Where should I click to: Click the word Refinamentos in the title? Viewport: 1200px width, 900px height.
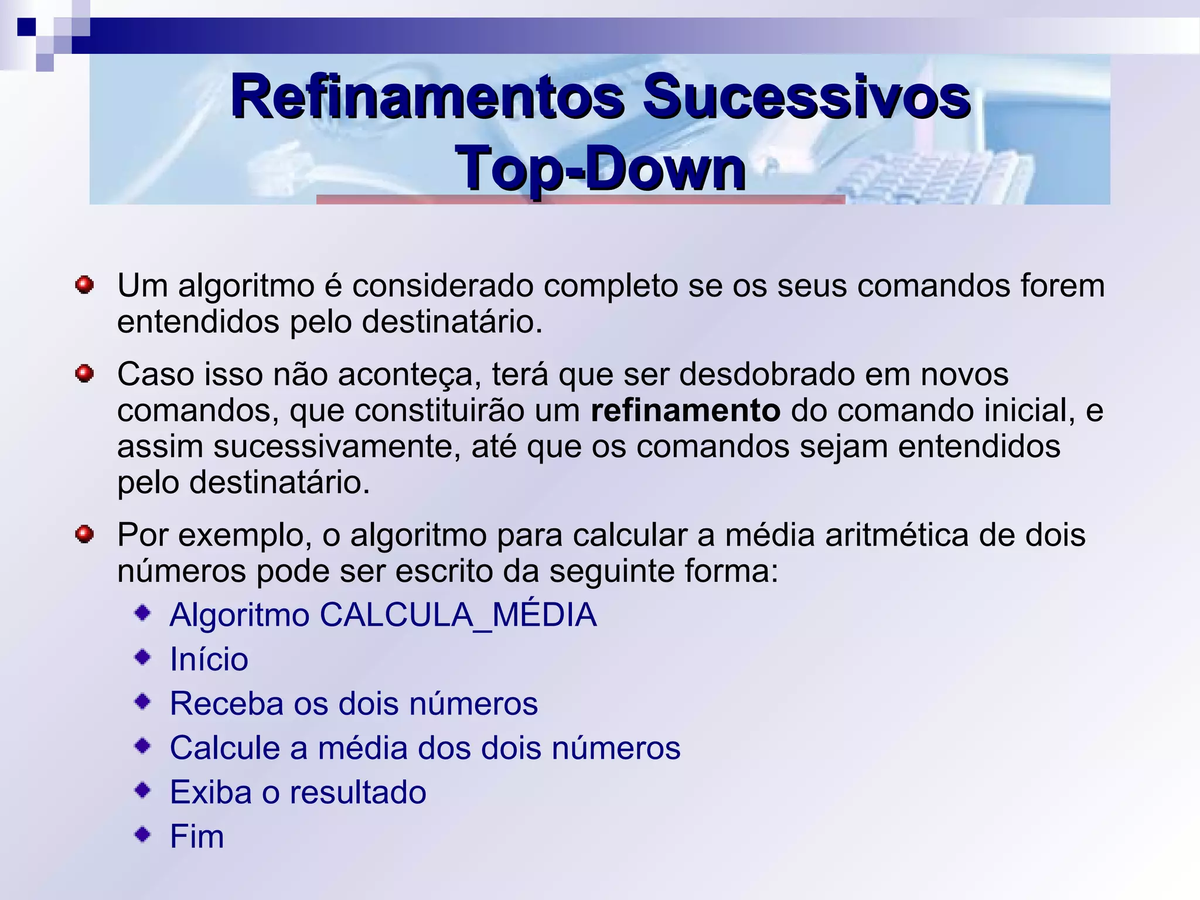tap(427, 97)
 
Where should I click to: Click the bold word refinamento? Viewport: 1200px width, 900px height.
tap(685, 410)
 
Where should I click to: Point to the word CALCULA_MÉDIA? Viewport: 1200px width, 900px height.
tap(458, 615)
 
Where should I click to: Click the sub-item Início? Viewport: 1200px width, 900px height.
tap(209, 659)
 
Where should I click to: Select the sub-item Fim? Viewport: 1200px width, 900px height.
tap(197, 836)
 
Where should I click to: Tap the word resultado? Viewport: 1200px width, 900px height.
tap(358, 792)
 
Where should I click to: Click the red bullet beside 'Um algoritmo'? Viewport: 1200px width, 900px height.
tap(84, 285)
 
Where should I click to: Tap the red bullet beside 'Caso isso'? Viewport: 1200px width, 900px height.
tap(84, 373)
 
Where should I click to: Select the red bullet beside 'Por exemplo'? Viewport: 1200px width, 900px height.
tap(84, 534)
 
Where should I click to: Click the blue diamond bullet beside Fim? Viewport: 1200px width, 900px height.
tap(142, 834)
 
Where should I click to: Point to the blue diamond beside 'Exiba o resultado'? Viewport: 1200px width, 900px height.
tap(142, 790)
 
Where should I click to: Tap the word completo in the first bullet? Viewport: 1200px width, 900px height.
tap(610, 287)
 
